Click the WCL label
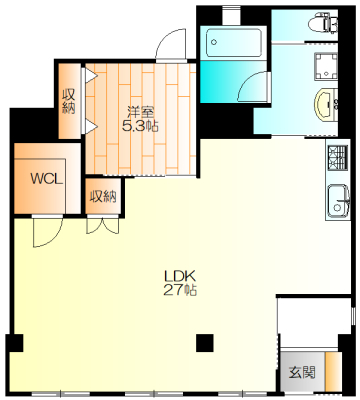pyautogui.click(x=46, y=179)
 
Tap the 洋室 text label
pyautogui.click(x=141, y=112)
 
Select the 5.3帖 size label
pyautogui.click(x=140, y=126)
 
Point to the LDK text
pyautogui.click(x=179, y=276)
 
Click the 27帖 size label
pyautogui.click(x=180, y=290)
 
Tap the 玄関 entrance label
pyautogui.click(x=302, y=372)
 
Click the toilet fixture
pyautogui.click(x=322, y=23)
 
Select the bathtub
pyautogui.click(x=233, y=43)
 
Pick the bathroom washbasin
pyautogui.click(x=326, y=104)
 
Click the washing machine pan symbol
pyautogui.click(x=326, y=66)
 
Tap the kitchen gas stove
pyautogui.click(x=338, y=158)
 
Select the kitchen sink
pyautogui.click(x=338, y=201)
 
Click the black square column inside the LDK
pyautogui.click(x=204, y=343)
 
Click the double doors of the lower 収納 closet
pyautogui.click(x=103, y=225)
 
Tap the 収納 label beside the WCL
pyautogui.click(x=104, y=196)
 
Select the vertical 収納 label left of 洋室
pyautogui.click(x=69, y=101)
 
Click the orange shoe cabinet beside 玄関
pyautogui.click(x=332, y=371)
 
